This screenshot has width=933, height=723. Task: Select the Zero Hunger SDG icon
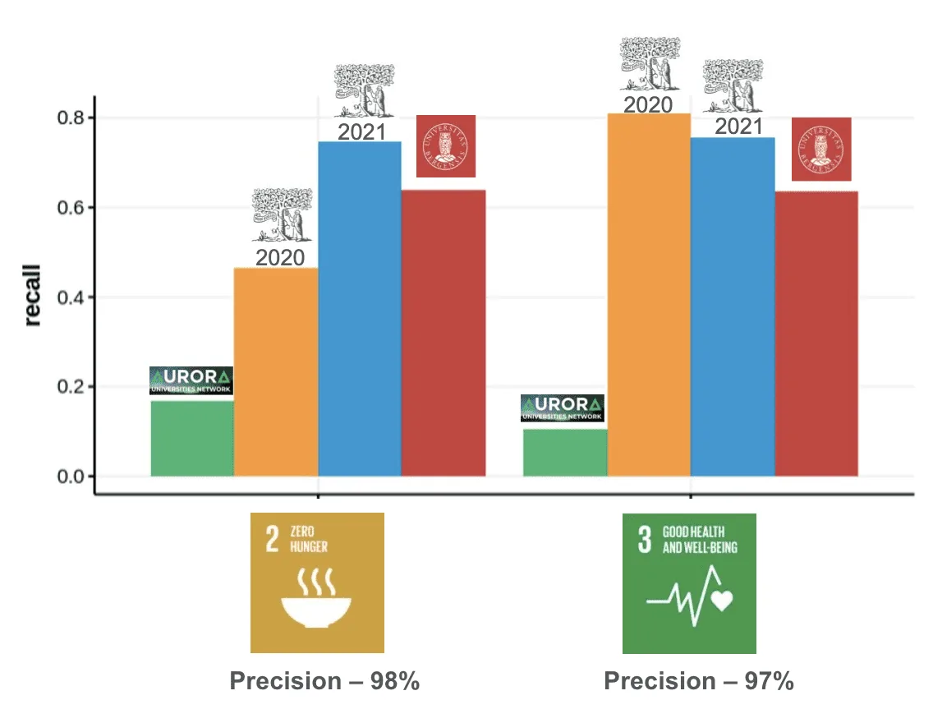[317, 583]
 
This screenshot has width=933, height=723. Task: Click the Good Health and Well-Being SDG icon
[689, 583]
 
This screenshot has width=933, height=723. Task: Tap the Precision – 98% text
[324, 681]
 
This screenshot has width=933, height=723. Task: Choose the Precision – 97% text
[698, 681]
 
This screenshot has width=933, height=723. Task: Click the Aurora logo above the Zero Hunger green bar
[191, 381]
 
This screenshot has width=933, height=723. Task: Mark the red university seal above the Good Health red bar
[821, 149]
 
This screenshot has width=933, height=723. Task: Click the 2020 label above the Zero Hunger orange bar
[280, 258]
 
